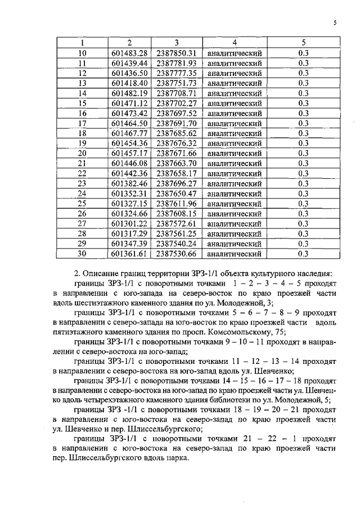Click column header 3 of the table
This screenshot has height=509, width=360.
tap(176, 43)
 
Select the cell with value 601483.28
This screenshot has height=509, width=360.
tap(129, 53)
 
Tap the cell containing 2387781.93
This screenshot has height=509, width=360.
tap(176, 63)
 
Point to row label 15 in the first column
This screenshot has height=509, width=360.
tap(82, 103)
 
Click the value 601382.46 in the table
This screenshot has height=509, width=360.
tap(129, 183)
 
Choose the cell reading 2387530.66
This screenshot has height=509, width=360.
tap(176, 254)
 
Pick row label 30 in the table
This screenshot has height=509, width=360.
tap(82, 254)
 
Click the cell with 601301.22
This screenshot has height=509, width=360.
tap(129, 223)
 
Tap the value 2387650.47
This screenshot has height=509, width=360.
tap(176, 193)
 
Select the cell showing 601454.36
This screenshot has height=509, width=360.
tap(129, 143)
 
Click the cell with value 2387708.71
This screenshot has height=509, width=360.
tap(176, 93)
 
